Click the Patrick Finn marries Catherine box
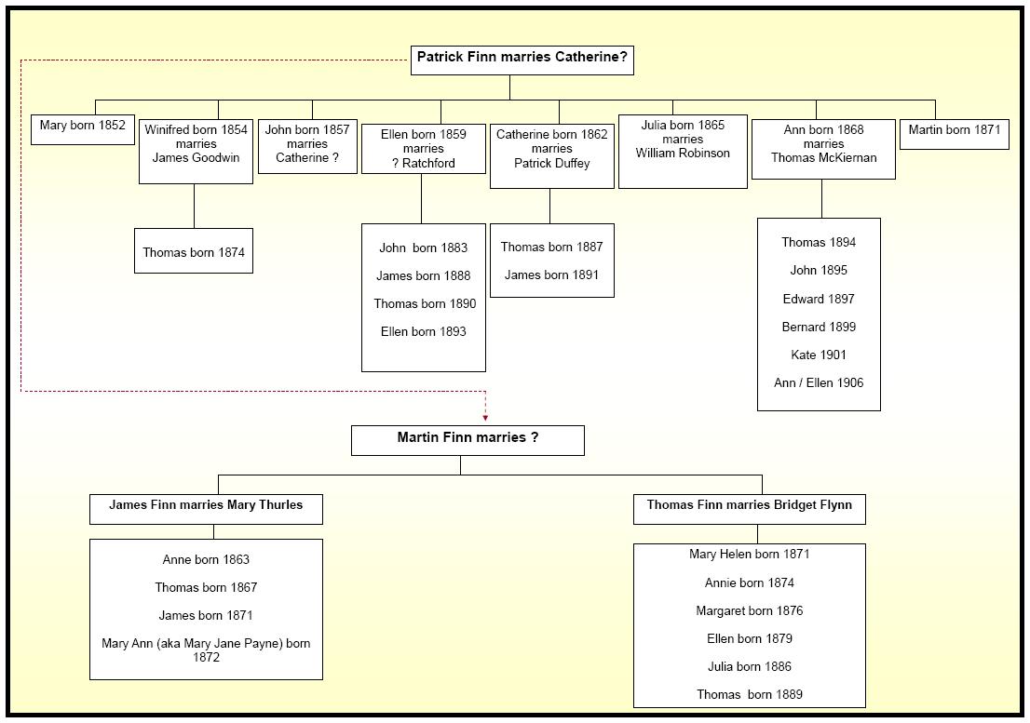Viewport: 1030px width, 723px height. [x=522, y=60]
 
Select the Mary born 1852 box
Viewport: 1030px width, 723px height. [x=83, y=129]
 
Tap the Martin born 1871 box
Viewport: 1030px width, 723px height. [x=954, y=134]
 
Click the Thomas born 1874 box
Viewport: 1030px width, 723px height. [x=194, y=250]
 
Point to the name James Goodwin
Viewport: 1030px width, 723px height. [x=196, y=157]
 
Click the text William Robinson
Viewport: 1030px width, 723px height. [x=683, y=153]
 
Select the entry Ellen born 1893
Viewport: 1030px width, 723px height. [x=423, y=331]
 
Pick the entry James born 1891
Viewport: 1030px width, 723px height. [x=551, y=274]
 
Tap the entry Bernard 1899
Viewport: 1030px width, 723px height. [x=819, y=327]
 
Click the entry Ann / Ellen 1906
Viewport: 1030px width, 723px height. [x=819, y=382]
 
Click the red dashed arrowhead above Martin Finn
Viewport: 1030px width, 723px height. [x=485, y=417]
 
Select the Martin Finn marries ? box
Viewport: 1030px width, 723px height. [x=468, y=440]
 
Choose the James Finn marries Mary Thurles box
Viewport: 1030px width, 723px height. [x=206, y=509]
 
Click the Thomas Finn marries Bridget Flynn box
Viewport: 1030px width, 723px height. [x=750, y=509]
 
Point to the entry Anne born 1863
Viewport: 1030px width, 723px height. [x=206, y=559]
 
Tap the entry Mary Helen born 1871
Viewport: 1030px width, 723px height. [x=750, y=554]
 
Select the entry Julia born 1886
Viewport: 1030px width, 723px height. [x=750, y=666]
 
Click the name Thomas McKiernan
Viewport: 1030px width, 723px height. [x=824, y=157]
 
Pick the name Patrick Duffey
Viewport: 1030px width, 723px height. [x=551, y=163]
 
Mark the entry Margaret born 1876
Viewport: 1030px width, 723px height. [x=750, y=610]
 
